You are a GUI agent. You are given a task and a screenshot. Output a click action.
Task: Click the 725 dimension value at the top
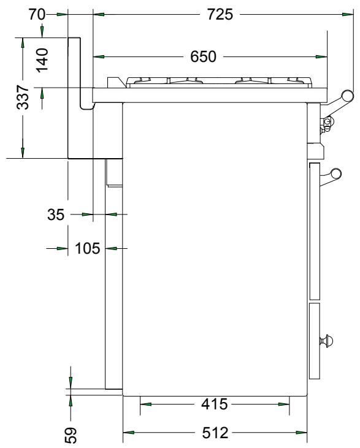(x=219, y=14)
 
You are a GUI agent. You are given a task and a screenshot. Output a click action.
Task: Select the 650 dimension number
(x=203, y=57)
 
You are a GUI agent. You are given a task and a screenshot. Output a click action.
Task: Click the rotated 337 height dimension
(x=22, y=97)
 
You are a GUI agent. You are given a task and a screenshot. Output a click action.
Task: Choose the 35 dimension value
(x=56, y=215)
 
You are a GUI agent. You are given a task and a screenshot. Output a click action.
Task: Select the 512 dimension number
(x=214, y=433)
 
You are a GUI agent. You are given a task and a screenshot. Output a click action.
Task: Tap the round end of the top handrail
(x=348, y=95)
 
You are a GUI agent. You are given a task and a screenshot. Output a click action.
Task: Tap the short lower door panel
(x=315, y=340)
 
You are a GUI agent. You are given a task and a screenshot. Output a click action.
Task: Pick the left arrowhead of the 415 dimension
(x=145, y=404)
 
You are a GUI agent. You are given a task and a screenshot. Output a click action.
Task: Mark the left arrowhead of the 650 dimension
(x=99, y=57)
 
